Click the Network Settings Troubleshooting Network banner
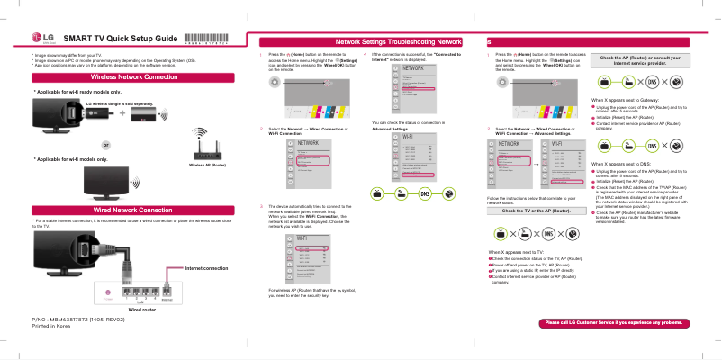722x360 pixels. (x=398, y=42)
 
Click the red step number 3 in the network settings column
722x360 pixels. (x=260, y=206)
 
